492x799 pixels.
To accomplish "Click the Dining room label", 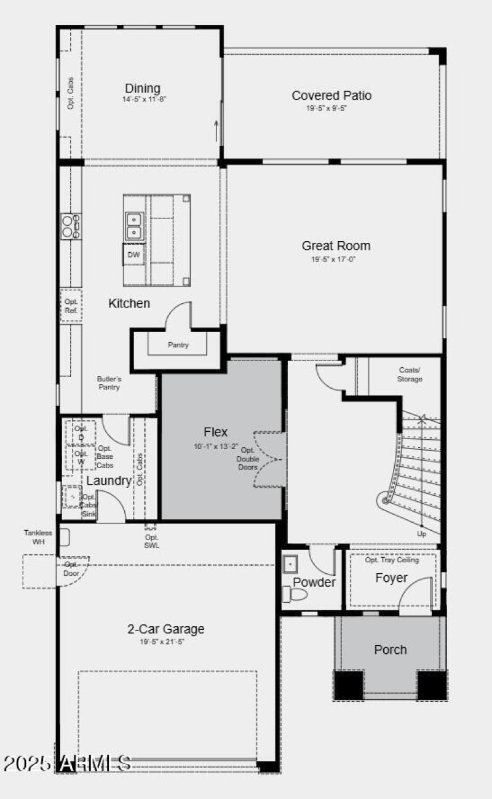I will pyautogui.click(x=143, y=89).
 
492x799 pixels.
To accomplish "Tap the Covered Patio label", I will pyautogui.click(x=331, y=95).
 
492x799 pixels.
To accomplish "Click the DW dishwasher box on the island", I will pyautogui.click(x=133, y=255).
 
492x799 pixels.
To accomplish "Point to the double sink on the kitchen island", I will pyautogui.click(x=133, y=226).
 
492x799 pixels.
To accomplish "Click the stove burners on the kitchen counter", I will pyautogui.click(x=71, y=226).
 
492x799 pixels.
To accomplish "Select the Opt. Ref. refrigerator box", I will pyautogui.click(x=71, y=306).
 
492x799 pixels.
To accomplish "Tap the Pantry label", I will pyautogui.click(x=178, y=345).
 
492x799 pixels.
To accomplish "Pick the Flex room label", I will pyautogui.click(x=216, y=432).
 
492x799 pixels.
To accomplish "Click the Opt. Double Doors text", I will pyautogui.click(x=248, y=459).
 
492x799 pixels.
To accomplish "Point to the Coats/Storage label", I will pyautogui.click(x=410, y=375).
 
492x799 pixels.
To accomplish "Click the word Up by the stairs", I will pyautogui.click(x=421, y=533).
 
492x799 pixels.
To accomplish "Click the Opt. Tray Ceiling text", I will pyautogui.click(x=392, y=560).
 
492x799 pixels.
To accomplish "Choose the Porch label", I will pyautogui.click(x=391, y=650).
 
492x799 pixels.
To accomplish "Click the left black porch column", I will pyautogui.click(x=349, y=685).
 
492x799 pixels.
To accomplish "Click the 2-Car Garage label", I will pyautogui.click(x=166, y=629).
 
